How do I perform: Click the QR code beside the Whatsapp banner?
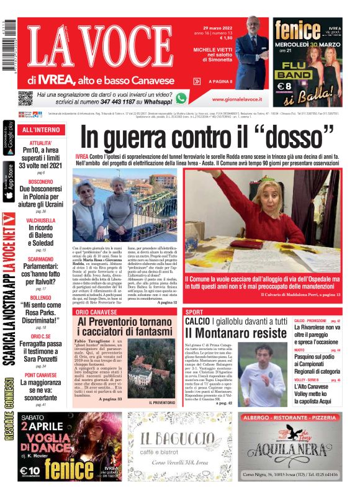(x=25, y=98)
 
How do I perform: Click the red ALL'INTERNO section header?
(x=41, y=130)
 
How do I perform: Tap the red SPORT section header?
(x=194, y=312)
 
